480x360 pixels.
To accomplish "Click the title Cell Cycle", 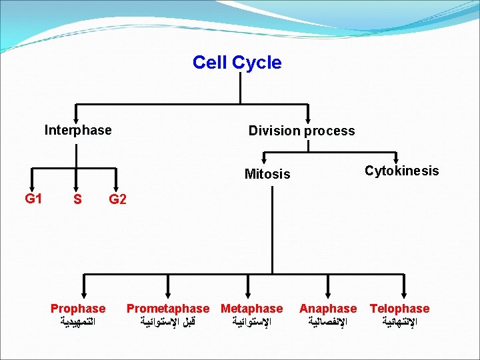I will pyautogui.click(x=237, y=63).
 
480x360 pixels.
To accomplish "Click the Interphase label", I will pyautogui.click(x=78, y=130).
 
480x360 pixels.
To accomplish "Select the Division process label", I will pyautogui.click(x=301, y=131).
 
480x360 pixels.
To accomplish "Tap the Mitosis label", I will pyautogui.click(x=267, y=174).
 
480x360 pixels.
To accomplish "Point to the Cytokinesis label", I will pyautogui.click(x=401, y=171).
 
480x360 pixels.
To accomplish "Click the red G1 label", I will pyautogui.click(x=33, y=198).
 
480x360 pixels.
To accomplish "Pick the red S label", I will pyautogui.click(x=78, y=199).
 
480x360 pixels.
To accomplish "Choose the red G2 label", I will pyautogui.click(x=117, y=199).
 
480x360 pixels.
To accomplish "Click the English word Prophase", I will pyautogui.click(x=78, y=309).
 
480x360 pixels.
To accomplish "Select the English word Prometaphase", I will pyautogui.click(x=168, y=309).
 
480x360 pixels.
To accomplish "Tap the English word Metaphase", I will pyautogui.click(x=251, y=309).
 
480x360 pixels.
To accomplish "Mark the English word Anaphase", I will pyautogui.click(x=328, y=309).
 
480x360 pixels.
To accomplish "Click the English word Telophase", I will pyautogui.click(x=399, y=309).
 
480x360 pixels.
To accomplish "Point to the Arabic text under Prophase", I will pyautogui.click(x=78, y=322).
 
